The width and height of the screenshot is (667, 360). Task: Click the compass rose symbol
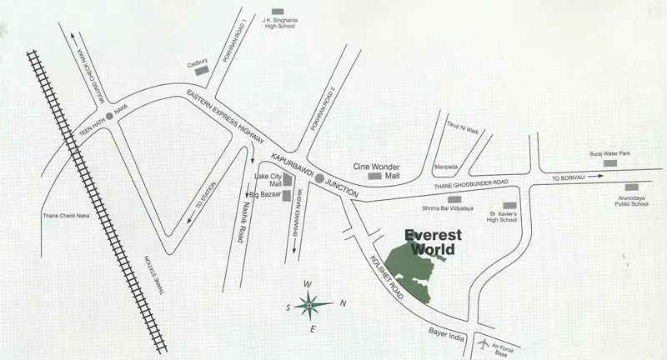point(309,305)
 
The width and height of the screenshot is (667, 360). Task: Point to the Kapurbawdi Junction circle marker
point(319,178)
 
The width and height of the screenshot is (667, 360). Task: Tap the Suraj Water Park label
point(610,153)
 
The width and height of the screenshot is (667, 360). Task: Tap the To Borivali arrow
point(598,177)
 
